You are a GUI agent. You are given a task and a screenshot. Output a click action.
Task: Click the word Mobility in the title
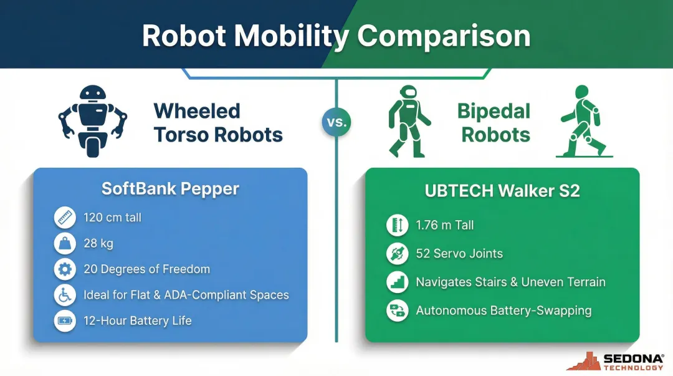pos(293,36)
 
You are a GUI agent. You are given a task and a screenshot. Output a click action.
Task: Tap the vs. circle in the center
pos(336,122)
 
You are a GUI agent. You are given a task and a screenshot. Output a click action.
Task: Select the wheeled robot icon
pos(92,122)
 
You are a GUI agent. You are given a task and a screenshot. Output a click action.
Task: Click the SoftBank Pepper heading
pos(170,189)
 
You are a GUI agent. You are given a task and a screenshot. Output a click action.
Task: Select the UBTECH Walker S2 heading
pos(502,191)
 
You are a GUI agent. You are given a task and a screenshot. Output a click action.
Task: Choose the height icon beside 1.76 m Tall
pos(397,225)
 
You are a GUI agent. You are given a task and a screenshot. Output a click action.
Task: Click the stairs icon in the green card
pos(397,282)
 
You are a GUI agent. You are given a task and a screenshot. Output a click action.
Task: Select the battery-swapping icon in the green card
pos(397,310)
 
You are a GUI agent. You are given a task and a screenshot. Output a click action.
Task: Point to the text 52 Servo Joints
pos(459,254)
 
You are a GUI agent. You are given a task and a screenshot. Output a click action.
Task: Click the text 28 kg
pos(98,243)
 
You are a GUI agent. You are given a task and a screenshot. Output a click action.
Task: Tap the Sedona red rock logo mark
pos(583,362)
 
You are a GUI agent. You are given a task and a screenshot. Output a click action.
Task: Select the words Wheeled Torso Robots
pos(218,123)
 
